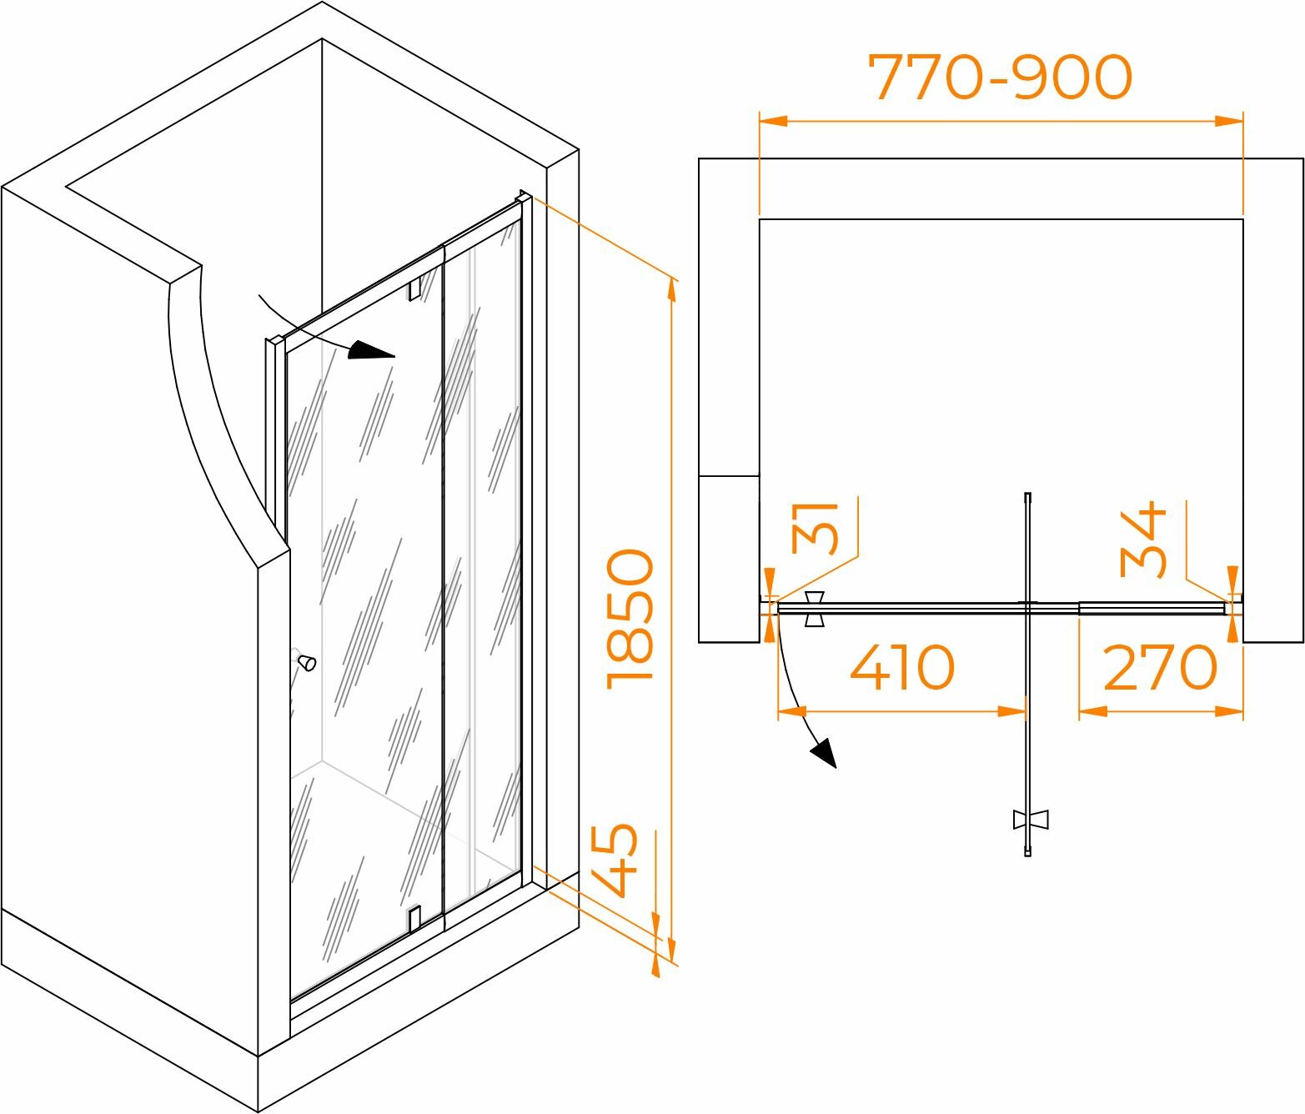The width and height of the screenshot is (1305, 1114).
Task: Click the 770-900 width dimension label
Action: click(1000, 78)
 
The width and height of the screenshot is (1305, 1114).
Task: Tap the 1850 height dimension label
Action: click(630, 619)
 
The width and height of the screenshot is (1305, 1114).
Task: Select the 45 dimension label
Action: click(615, 860)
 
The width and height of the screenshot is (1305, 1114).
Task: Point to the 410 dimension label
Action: click(901, 668)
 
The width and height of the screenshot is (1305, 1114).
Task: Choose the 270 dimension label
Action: click(1160, 668)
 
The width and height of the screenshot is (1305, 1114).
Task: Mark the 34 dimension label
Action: click(1142, 539)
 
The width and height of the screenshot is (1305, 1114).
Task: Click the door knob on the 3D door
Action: click(308, 663)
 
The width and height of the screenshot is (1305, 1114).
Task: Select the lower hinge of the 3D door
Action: click(414, 918)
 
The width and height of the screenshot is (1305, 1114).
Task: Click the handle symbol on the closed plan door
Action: click(815, 610)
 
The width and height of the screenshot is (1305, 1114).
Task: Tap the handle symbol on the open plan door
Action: click(1030, 819)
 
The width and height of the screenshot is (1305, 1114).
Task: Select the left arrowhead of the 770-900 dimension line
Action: click(772, 121)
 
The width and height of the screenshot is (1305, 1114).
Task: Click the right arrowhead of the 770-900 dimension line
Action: click(1230, 121)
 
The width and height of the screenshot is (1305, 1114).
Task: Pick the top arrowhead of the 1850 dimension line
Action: click(671, 291)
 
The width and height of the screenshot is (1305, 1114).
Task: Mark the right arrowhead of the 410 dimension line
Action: click(1013, 712)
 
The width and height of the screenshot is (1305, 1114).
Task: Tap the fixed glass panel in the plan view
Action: click(1151, 608)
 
